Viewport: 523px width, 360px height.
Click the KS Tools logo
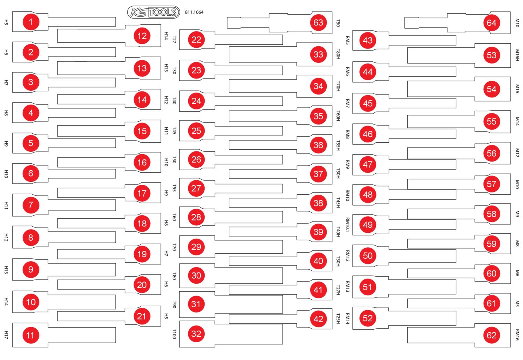coord(153,12)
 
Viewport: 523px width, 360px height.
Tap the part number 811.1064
coord(194,12)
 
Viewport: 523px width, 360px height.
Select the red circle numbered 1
coord(31,22)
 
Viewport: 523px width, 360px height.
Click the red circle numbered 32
coord(196,334)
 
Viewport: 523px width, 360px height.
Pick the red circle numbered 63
coord(318,23)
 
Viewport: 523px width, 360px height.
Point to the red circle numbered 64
coord(492,23)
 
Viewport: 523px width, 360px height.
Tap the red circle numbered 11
coord(31,335)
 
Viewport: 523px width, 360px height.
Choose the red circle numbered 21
coord(142,316)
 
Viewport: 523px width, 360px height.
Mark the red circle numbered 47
coord(368,164)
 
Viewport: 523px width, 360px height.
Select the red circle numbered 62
coord(492,335)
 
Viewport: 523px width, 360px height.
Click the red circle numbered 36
coord(318,145)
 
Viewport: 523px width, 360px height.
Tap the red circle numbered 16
coord(142,162)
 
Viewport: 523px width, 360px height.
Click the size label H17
coord(6,335)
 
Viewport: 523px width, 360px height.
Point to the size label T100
coord(174,334)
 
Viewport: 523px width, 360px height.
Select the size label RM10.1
coord(347,225)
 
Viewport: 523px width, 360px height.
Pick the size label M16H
coord(517,55)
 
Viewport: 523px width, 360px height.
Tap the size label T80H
coord(338,54)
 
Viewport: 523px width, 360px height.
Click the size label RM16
coord(517,335)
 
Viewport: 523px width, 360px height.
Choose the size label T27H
coord(338,290)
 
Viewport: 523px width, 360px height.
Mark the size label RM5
coord(347,40)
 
